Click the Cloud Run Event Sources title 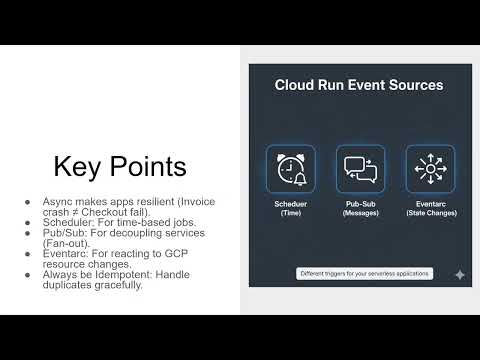pyautogui.click(x=359, y=85)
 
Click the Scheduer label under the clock pyautogui.click(x=291, y=204)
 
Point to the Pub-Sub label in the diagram pyautogui.click(x=360, y=204)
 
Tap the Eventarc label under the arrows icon pyautogui.click(x=430, y=204)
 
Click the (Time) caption pyautogui.click(x=291, y=214)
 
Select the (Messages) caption pyautogui.click(x=360, y=214)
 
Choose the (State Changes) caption pyautogui.click(x=430, y=214)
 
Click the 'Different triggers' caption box pyautogui.click(x=363, y=273)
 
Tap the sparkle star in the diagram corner pyautogui.click(x=459, y=274)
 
